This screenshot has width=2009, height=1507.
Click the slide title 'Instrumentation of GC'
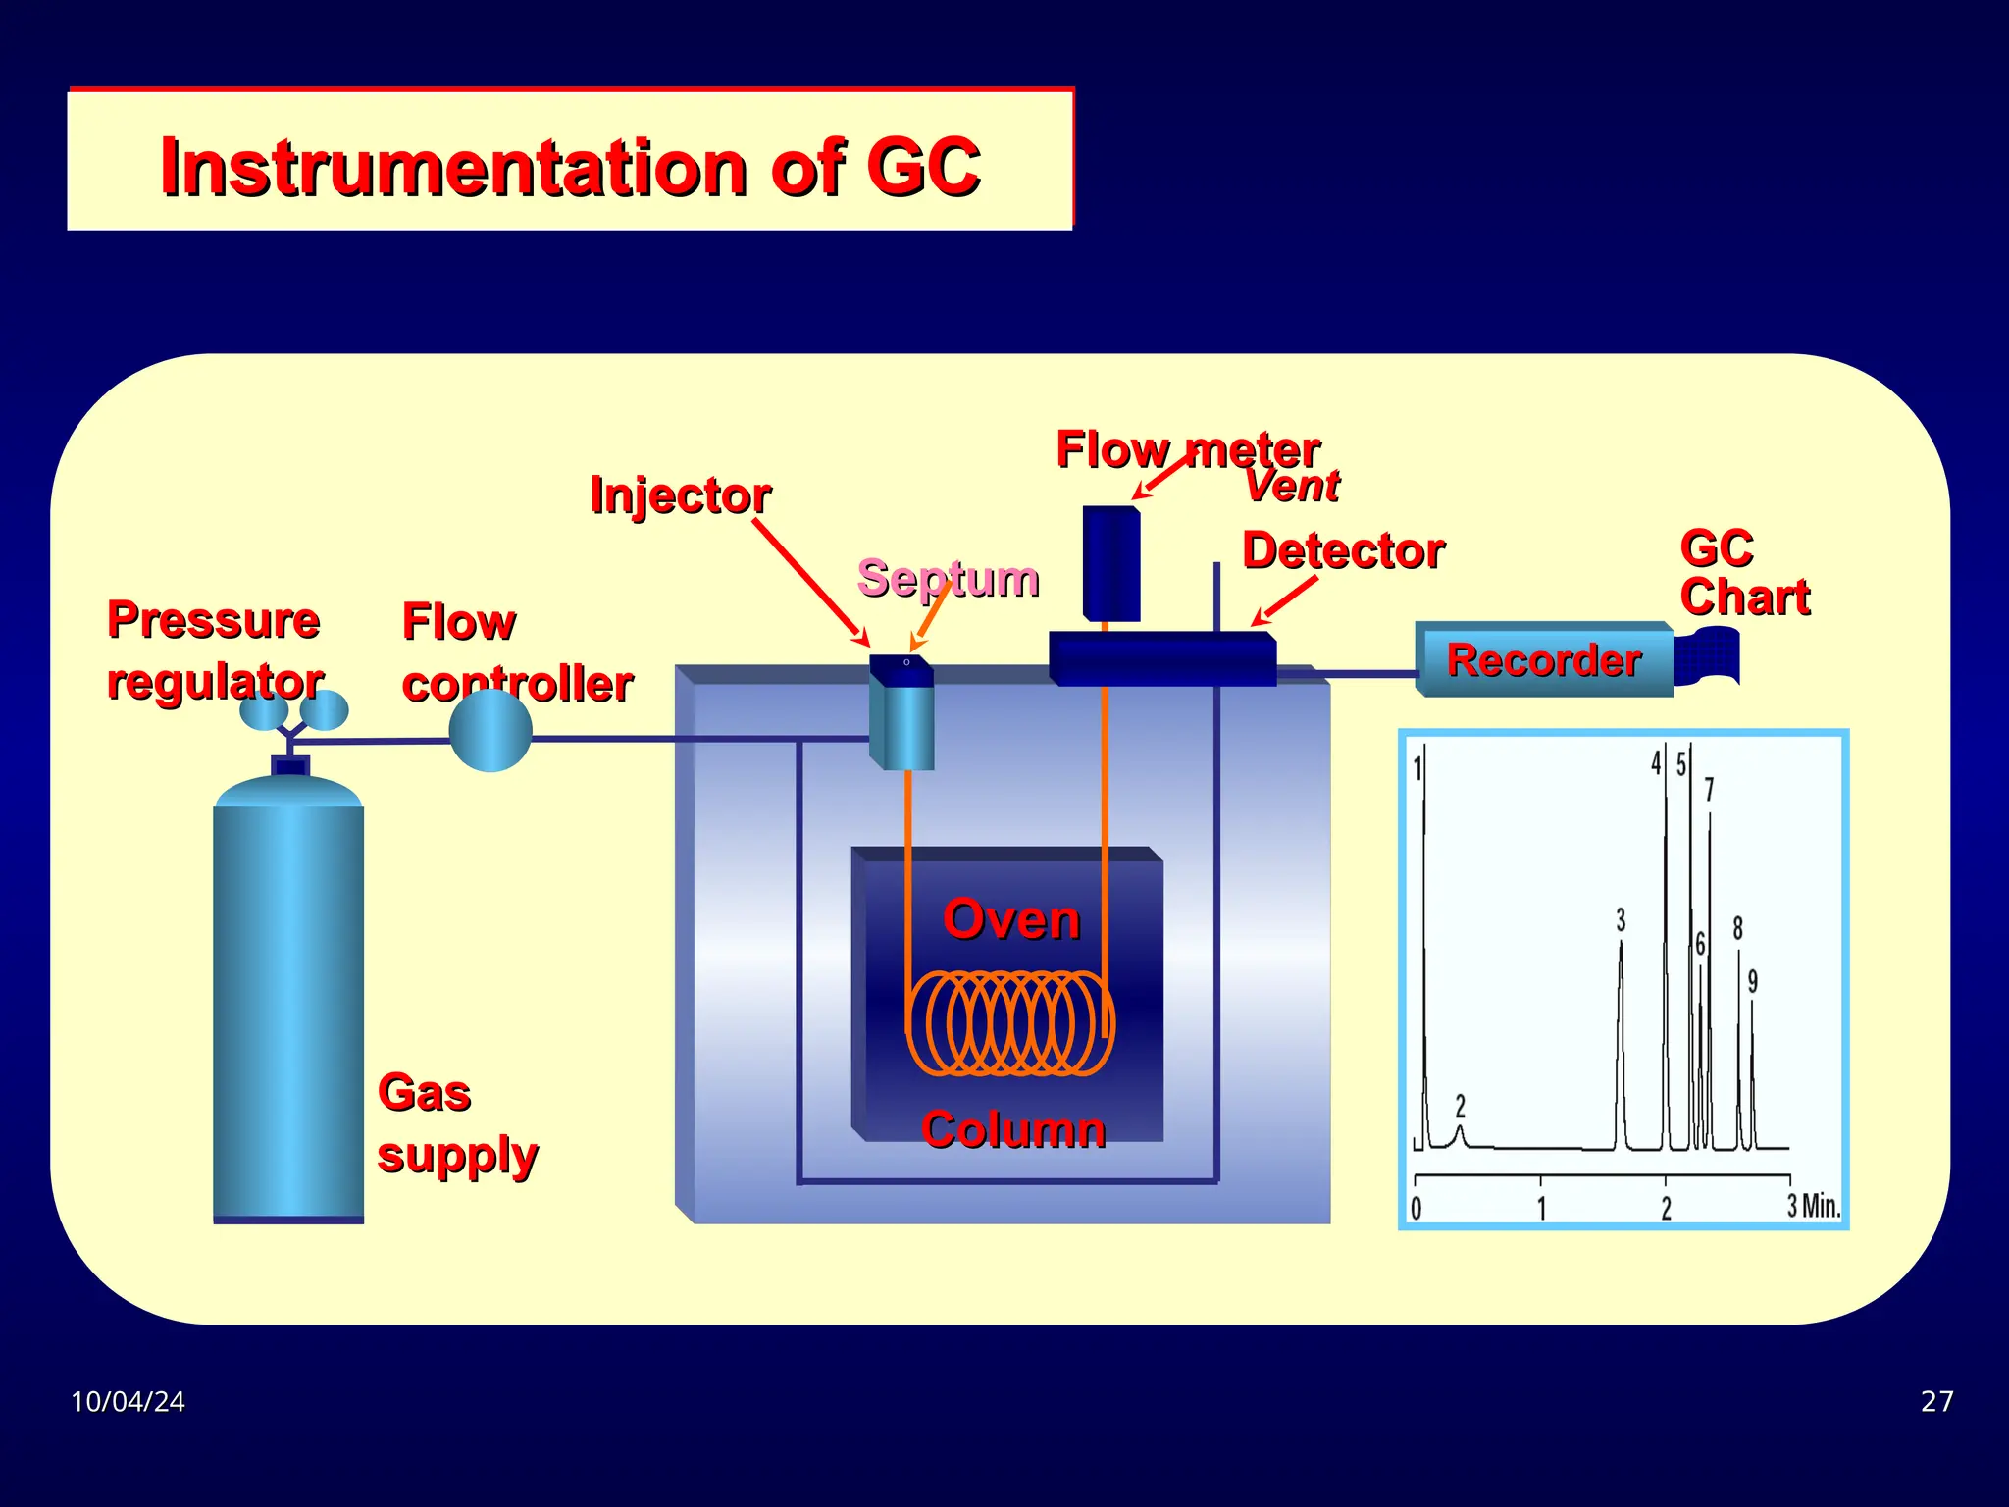pos(570,167)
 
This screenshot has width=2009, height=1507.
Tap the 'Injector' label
pos(680,495)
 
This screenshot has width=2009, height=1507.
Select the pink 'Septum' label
pos(948,578)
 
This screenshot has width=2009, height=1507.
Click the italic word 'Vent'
pos(1291,486)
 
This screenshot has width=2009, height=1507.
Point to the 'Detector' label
pos(1343,550)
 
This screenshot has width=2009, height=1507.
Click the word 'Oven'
pos(1011,919)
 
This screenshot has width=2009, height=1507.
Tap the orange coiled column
pos(1008,1023)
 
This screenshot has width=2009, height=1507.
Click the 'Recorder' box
pos(1544,660)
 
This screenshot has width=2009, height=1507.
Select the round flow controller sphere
pos(490,731)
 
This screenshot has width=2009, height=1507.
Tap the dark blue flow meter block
pos(1111,563)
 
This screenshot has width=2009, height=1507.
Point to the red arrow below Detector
pos(1284,600)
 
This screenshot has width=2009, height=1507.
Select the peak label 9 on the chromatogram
pos(1753,981)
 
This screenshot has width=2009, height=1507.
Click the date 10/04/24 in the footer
pos(128,1401)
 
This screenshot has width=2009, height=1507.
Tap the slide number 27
pos(1936,1401)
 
